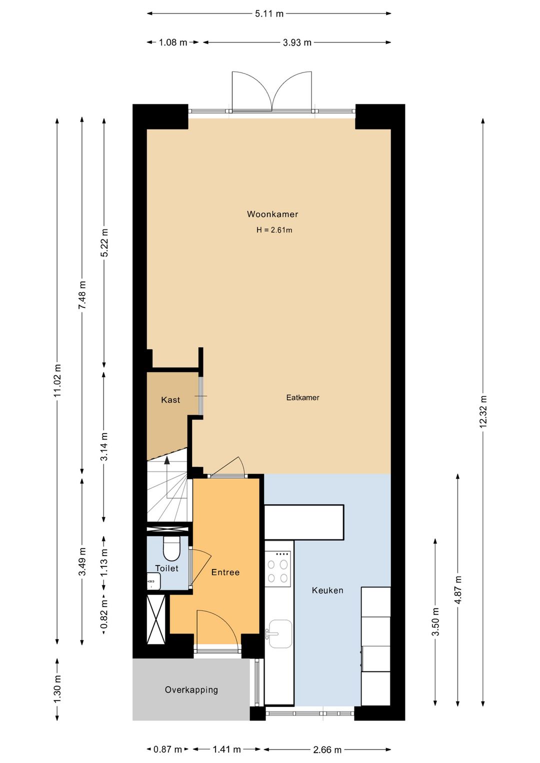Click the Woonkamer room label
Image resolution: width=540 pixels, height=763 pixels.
272,214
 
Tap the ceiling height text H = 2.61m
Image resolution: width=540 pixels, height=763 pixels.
274,230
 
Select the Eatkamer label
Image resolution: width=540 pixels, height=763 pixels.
302,397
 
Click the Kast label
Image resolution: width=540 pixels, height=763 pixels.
170,400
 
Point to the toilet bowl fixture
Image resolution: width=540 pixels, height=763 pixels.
171,549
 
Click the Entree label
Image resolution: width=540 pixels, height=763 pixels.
225,572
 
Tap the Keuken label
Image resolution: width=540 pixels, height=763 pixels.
327,590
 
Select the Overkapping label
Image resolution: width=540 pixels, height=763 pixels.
191,690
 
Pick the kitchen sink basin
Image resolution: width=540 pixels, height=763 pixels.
279,633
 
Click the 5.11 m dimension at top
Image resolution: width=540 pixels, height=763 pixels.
269,13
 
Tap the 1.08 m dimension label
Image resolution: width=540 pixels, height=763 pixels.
173,42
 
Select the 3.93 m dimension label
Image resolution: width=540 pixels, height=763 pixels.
297,42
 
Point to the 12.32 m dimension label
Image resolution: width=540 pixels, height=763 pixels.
483,411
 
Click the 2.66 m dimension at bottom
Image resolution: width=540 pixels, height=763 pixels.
327,749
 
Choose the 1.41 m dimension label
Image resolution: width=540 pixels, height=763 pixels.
226,749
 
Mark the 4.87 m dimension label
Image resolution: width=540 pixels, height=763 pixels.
458,590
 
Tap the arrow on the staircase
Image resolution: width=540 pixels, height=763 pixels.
167,460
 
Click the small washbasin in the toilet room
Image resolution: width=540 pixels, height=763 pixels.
153,581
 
